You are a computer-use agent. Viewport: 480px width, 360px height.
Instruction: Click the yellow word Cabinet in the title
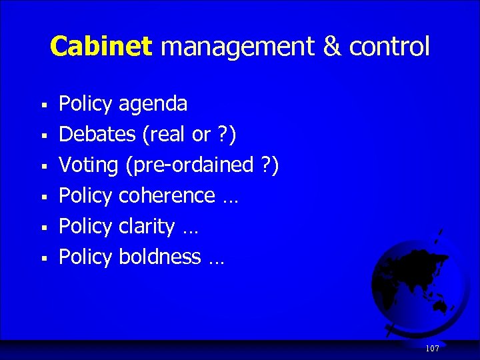[x=101, y=47]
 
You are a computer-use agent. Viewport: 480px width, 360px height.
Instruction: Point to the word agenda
[x=153, y=105]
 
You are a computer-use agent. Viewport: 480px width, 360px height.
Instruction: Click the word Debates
[x=97, y=135]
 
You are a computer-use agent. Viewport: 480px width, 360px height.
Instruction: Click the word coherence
[x=167, y=196]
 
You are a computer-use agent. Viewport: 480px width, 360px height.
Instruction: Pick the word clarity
[x=147, y=227]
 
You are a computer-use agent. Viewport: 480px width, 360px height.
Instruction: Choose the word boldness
[x=159, y=257]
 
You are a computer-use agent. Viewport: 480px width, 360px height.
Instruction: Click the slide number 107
[x=432, y=349]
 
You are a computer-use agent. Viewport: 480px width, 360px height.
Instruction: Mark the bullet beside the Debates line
[x=43, y=136]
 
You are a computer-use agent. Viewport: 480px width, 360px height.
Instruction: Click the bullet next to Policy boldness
[x=43, y=258]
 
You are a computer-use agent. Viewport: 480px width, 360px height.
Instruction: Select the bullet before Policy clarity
[x=43, y=227]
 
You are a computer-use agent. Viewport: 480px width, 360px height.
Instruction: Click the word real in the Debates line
[x=166, y=135]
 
